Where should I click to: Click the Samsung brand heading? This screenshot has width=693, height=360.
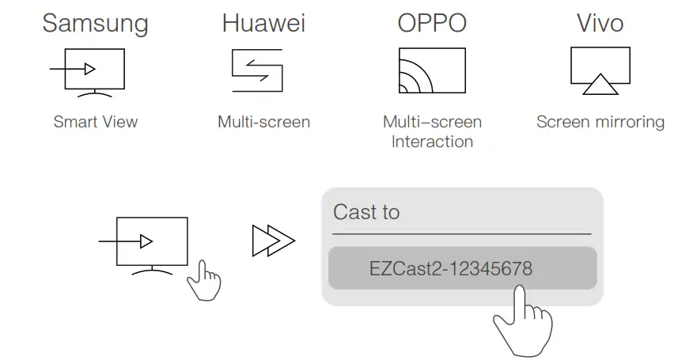point(95,22)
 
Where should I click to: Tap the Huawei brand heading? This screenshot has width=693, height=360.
point(263,22)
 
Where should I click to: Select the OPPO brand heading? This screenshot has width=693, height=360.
point(432,22)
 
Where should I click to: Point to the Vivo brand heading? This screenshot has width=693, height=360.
point(600,22)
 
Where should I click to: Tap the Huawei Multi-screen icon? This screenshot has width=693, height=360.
point(257,70)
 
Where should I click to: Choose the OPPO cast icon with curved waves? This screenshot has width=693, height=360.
point(431,70)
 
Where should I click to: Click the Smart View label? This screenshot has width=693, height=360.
point(96,122)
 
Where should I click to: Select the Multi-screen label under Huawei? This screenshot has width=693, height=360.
point(263,122)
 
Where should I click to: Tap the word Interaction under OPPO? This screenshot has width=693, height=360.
point(432,142)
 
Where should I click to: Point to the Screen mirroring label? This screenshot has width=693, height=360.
point(600,122)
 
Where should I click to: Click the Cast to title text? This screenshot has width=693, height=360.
point(366,212)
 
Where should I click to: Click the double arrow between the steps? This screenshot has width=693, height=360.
point(273,241)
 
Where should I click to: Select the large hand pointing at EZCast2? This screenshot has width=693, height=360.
point(522,320)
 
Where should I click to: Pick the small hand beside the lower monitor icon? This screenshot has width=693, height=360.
point(203,279)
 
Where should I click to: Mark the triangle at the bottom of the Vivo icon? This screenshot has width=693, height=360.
point(600,85)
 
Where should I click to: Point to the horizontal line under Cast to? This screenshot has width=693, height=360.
point(461,234)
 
